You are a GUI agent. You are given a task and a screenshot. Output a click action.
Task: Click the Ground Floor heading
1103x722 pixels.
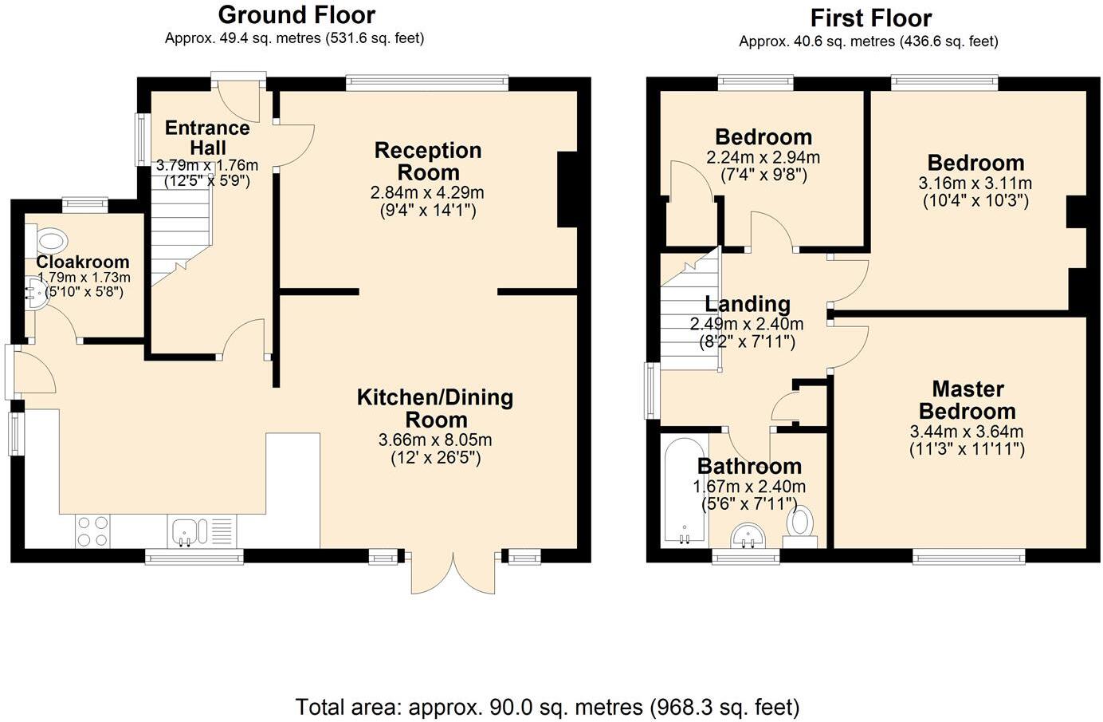296,15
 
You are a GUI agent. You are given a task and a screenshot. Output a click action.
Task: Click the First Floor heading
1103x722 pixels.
870,18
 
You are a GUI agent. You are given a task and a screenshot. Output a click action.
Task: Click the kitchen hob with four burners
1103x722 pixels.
92,531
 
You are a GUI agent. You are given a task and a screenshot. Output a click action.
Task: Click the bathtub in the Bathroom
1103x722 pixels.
684,491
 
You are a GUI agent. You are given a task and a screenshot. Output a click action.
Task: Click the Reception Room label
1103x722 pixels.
428,161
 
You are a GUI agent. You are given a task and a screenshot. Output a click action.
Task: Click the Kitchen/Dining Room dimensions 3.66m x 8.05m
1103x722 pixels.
435,440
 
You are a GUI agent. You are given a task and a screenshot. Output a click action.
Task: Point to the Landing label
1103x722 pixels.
747,304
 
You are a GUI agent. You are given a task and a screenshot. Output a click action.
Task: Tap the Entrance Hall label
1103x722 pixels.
207,137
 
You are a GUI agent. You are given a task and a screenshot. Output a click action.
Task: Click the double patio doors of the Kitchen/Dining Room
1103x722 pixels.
452,573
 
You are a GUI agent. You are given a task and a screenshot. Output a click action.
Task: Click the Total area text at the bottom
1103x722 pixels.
547,707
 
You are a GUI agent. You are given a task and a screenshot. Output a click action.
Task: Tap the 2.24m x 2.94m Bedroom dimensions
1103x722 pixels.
763,157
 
